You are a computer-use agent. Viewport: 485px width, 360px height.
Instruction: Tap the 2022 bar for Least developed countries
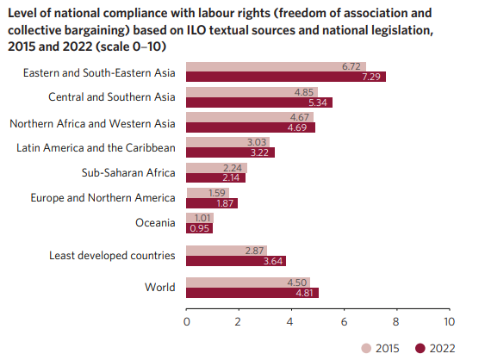pos(234,261)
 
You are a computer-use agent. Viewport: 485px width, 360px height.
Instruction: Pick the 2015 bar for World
pos(246,282)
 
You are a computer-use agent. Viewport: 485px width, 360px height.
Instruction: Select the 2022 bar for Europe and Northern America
pos(211,203)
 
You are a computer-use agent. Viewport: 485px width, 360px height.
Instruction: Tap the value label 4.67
pos(301,117)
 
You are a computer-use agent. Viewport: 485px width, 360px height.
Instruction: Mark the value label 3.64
pos(273,261)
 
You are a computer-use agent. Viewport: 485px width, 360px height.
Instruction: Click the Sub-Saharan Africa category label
pos(128,172)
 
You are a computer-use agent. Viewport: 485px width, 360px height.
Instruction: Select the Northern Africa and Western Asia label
pos(93,122)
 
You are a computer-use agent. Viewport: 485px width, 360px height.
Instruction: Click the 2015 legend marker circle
pos(367,348)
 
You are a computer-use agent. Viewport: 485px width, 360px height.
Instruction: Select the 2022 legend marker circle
pos(420,348)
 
